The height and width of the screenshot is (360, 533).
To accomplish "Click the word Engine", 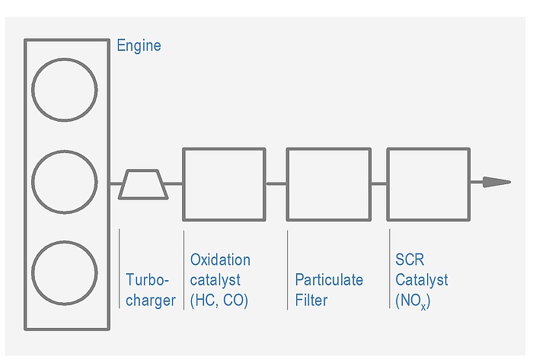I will pos(139,46).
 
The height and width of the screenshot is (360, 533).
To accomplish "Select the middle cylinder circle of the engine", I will pos(65,183).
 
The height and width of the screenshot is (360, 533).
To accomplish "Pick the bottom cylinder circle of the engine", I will pos(65,273).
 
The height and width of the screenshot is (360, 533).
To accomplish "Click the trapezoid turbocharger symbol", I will pos(144,184).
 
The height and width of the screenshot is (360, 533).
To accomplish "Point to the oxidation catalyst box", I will pos(224,184).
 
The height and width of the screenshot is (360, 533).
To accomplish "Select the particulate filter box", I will pos(328,184).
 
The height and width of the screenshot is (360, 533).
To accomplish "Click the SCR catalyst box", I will pos(428,184).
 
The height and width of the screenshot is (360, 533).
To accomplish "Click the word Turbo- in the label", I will pos(147,279).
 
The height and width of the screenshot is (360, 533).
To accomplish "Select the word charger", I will pos(151,300).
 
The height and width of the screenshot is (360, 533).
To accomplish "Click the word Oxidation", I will pos(220,260).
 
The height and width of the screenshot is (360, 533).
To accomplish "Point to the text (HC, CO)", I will pos(219,300).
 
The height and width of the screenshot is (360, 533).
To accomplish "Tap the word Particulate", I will pos(329,279).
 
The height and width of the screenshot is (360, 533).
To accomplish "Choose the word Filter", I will pos(311,300).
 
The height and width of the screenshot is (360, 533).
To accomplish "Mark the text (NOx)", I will pos(413,301).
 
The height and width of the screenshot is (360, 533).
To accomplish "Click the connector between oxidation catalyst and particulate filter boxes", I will pos(276,183).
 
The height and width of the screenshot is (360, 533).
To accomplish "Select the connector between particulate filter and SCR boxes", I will pos(379,183).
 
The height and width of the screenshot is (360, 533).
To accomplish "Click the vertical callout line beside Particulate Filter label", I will pos(288,270).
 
